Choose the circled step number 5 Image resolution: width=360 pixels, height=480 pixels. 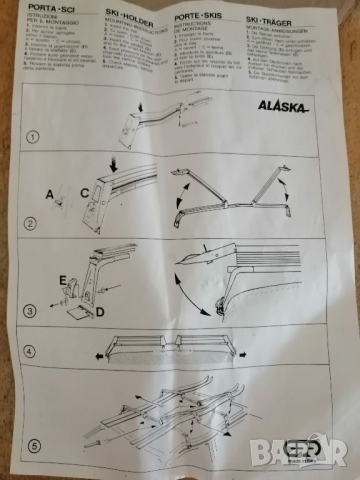pos(36,445)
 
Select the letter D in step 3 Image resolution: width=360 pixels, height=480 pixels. pos(101,312)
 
